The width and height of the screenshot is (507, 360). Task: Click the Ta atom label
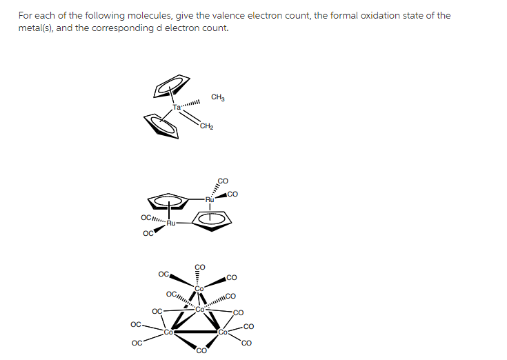[177, 107]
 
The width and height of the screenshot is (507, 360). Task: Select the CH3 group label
[218, 97]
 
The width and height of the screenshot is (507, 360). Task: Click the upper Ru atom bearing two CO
[210, 199]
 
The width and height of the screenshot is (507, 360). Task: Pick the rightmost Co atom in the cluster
[223, 332]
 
